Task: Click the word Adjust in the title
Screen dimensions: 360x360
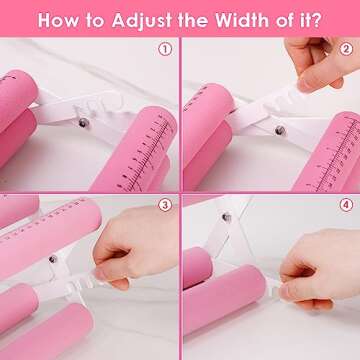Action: pyautogui.click(x=142, y=20)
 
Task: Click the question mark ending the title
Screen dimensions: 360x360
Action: pyautogui.click(x=316, y=20)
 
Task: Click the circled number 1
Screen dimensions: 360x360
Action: pyautogui.click(x=165, y=49)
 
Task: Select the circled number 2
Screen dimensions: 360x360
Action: pyautogui.click(x=346, y=49)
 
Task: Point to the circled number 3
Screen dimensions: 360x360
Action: pyautogui.click(x=165, y=205)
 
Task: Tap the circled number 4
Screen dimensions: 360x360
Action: pyautogui.click(x=346, y=205)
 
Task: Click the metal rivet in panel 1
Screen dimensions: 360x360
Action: pyautogui.click(x=83, y=123)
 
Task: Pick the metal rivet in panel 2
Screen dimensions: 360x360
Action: pyautogui.click(x=280, y=130)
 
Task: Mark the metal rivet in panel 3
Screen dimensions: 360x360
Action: pyautogui.click(x=53, y=259)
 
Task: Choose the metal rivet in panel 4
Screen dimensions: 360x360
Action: pyautogui.click(x=227, y=217)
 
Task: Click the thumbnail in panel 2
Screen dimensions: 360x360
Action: pyautogui.click(x=304, y=85)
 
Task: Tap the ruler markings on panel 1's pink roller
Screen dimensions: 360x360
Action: pyautogui.click(x=146, y=154)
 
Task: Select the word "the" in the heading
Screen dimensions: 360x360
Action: pyautogui.click(x=193, y=20)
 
